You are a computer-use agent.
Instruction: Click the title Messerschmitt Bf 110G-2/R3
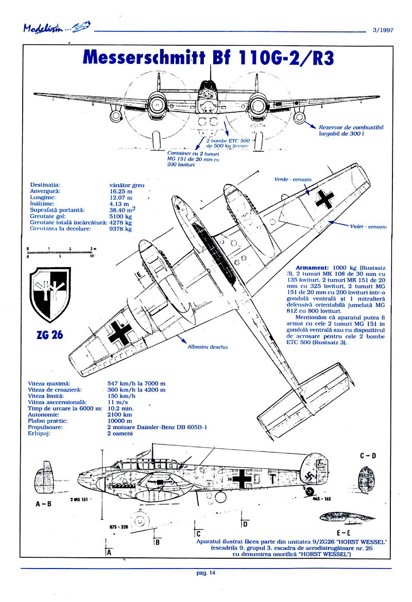click(208, 58)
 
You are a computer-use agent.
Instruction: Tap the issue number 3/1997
click(383, 30)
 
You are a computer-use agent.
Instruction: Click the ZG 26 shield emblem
click(50, 294)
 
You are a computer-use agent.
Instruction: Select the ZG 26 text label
click(50, 334)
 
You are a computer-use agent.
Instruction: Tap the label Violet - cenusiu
click(368, 226)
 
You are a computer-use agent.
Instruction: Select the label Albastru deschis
click(208, 347)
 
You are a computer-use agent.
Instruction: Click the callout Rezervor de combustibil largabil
click(351, 130)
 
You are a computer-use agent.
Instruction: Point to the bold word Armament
click(312, 268)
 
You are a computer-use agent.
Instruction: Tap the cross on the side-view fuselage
click(242, 479)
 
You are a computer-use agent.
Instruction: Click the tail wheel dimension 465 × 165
click(323, 499)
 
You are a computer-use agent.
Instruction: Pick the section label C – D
click(368, 455)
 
